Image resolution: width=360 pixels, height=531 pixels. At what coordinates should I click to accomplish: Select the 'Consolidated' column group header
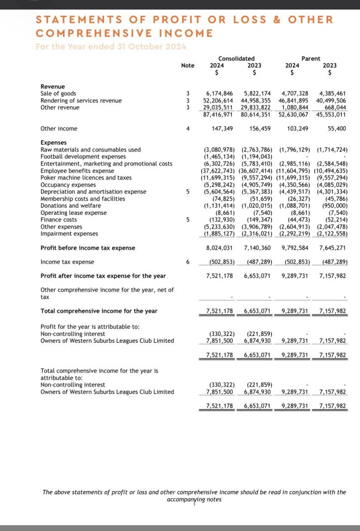tap(236, 59)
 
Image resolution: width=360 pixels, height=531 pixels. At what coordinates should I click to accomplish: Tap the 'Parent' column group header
tap(311, 59)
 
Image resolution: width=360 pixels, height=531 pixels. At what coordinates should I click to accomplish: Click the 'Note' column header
tap(187, 65)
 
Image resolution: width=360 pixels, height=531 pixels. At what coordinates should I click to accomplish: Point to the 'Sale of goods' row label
tap(58, 93)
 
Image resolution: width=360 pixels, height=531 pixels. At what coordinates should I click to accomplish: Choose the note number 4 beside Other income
tap(188, 129)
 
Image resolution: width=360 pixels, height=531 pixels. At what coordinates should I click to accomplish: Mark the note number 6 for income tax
tap(188, 262)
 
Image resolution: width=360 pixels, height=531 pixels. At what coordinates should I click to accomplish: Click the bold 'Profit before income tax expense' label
tap(88, 248)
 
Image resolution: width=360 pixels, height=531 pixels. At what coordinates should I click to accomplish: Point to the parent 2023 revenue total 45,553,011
tap(332, 115)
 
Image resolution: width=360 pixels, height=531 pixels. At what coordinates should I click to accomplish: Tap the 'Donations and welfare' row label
tap(70, 206)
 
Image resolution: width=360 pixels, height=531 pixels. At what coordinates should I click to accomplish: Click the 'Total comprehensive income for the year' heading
tap(99, 311)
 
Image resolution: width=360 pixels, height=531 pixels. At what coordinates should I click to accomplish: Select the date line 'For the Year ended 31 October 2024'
tap(111, 47)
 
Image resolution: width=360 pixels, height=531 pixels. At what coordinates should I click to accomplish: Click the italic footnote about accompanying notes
tap(194, 495)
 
